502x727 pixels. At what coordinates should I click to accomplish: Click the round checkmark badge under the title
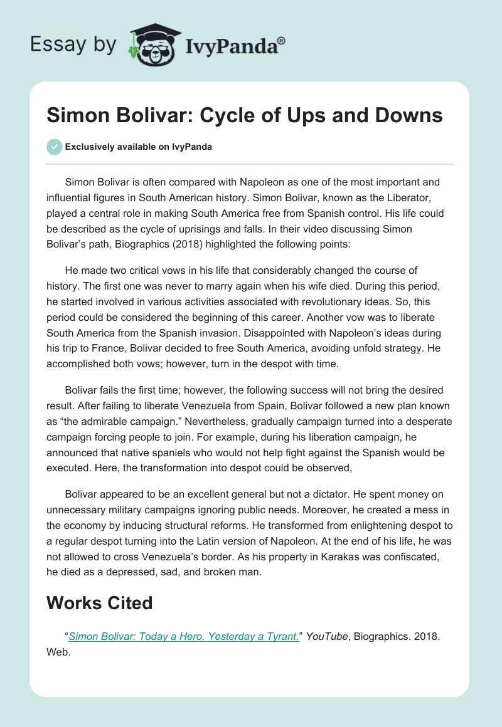tap(54, 147)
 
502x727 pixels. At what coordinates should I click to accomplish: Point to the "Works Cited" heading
tap(100, 603)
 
